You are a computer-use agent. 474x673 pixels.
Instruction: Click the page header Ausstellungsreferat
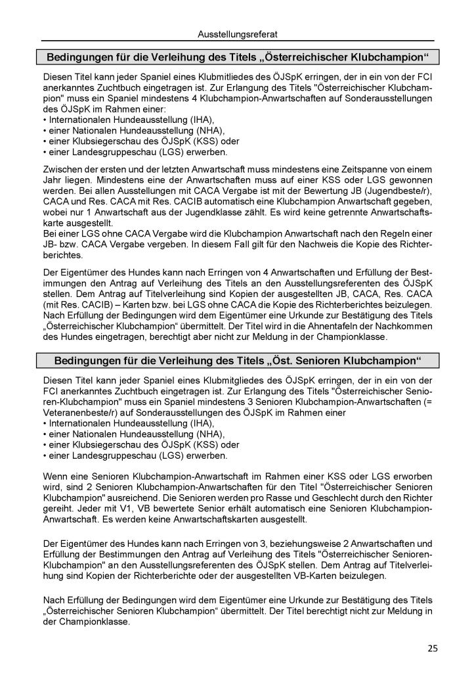pos(237,31)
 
